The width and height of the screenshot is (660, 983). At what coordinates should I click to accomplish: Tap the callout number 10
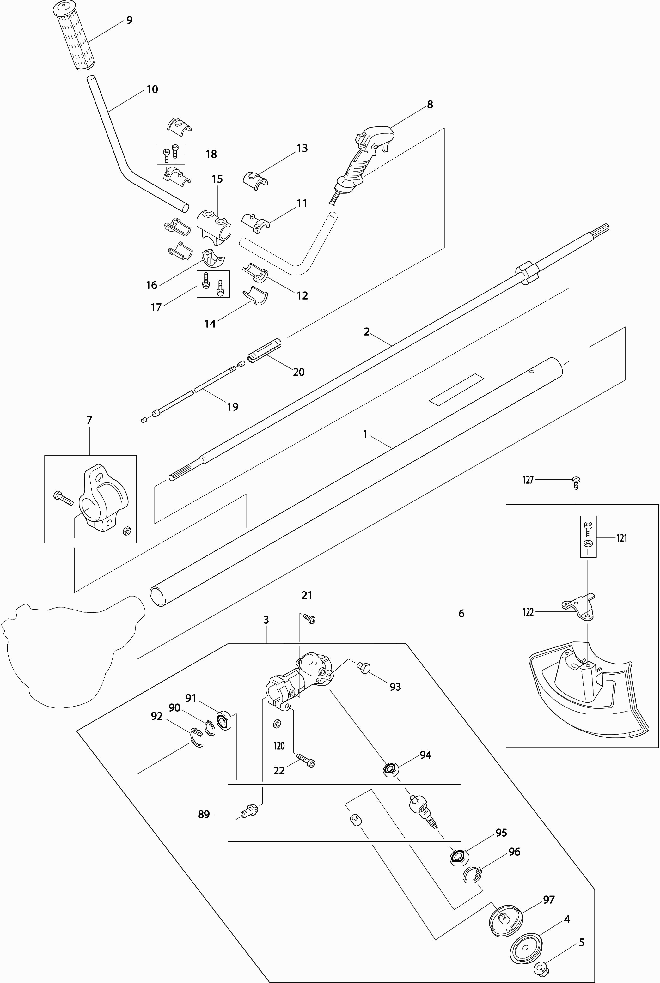click(x=152, y=89)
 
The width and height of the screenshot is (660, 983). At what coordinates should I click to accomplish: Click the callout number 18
click(x=211, y=154)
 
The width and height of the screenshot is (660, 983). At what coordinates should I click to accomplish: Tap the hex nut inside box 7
click(x=125, y=531)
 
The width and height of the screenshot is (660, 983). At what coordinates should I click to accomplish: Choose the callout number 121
click(x=622, y=538)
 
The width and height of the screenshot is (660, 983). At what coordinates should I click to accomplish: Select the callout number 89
click(x=204, y=815)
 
